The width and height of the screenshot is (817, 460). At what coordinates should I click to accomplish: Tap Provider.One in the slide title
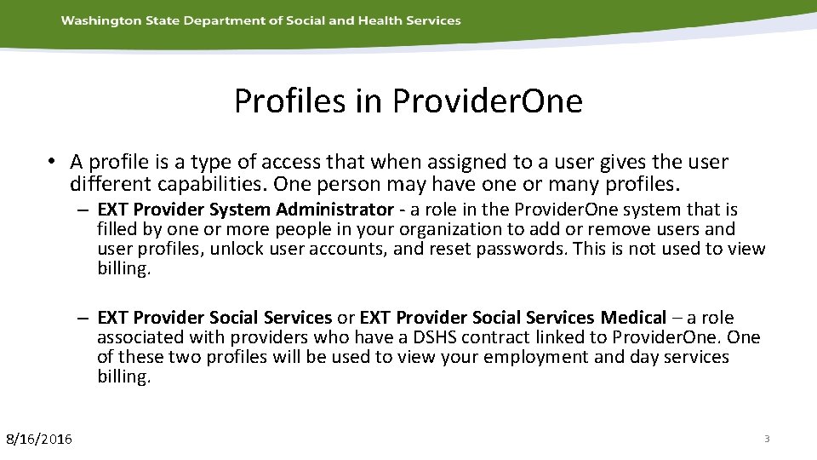tap(488, 101)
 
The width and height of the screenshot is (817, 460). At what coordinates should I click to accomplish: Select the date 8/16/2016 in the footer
tap(39, 439)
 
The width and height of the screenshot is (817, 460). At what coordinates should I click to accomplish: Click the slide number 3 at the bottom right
tap(767, 439)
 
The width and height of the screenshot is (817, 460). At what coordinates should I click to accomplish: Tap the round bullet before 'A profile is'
tap(52, 162)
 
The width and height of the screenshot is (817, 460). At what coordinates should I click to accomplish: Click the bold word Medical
tap(633, 318)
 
